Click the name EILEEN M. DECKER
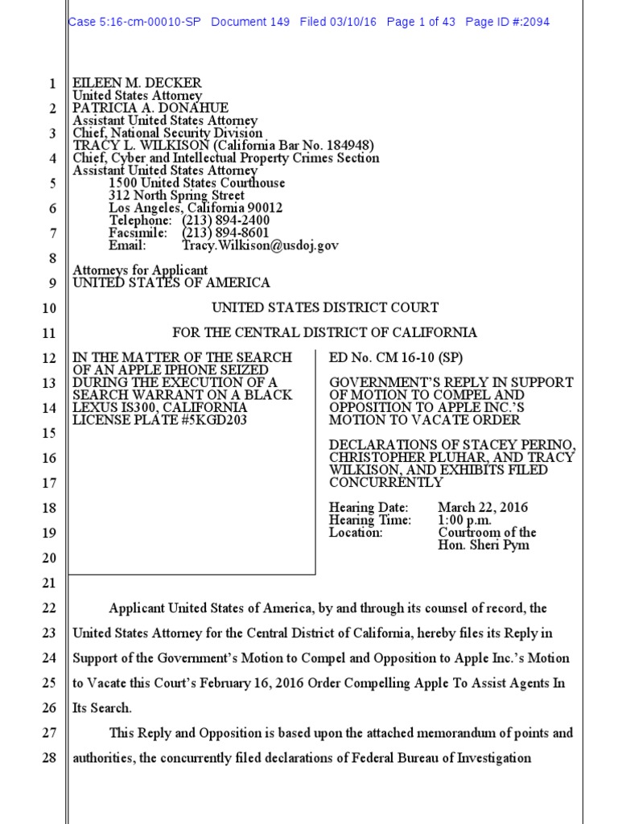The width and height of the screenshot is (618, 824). pos(137,83)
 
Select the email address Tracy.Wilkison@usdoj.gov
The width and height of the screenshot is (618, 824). pos(260,245)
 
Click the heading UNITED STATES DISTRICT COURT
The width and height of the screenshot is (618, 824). pos(325,307)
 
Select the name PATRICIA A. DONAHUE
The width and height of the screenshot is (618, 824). pos(150,108)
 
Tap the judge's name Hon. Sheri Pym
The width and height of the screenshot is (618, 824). pos(484,545)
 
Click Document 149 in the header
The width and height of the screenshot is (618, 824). pos(250,22)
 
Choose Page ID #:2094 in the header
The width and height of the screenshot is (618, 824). pos(508,22)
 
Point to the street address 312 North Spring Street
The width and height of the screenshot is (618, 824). pos(177,196)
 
